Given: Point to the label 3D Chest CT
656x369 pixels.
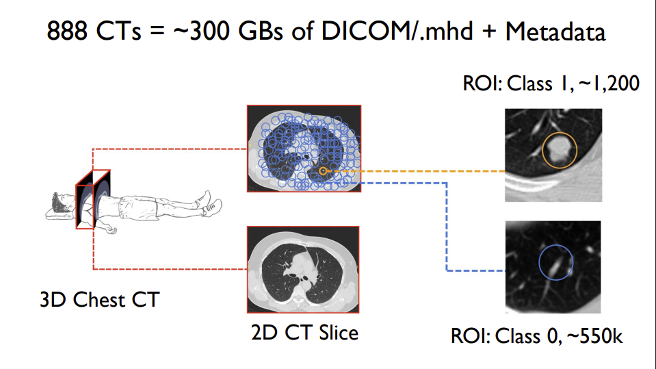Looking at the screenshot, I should (x=99, y=299).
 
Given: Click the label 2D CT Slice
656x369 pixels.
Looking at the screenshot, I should (x=304, y=333).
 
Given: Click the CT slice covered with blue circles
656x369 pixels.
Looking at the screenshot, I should (x=304, y=148).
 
